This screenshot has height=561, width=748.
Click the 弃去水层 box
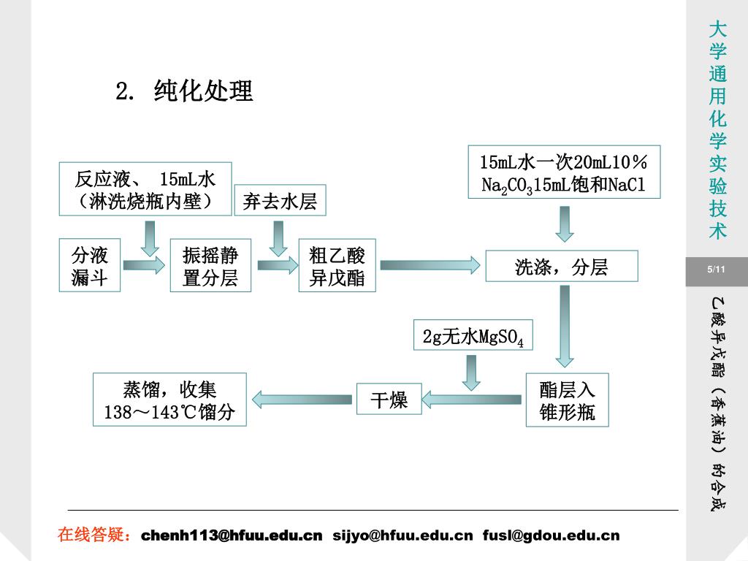pos(280,201)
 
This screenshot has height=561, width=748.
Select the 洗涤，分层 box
pos(561,267)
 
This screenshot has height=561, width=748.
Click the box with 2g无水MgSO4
pos(473,337)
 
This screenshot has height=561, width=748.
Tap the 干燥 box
pos(389,400)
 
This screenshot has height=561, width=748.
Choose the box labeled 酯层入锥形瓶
pos(567,400)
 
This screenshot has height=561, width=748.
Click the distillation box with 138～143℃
pos(169,400)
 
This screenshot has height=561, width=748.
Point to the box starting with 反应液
pos(145,188)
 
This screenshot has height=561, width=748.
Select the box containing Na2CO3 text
pos(563,172)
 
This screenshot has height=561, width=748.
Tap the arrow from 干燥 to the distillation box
pos(302,399)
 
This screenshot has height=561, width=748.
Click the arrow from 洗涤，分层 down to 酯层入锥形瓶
pos(564,325)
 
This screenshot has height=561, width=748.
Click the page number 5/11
pos(717,271)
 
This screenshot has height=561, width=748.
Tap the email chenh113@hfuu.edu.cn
pos(232,535)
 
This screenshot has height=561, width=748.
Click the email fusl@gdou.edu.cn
pos(551,535)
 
